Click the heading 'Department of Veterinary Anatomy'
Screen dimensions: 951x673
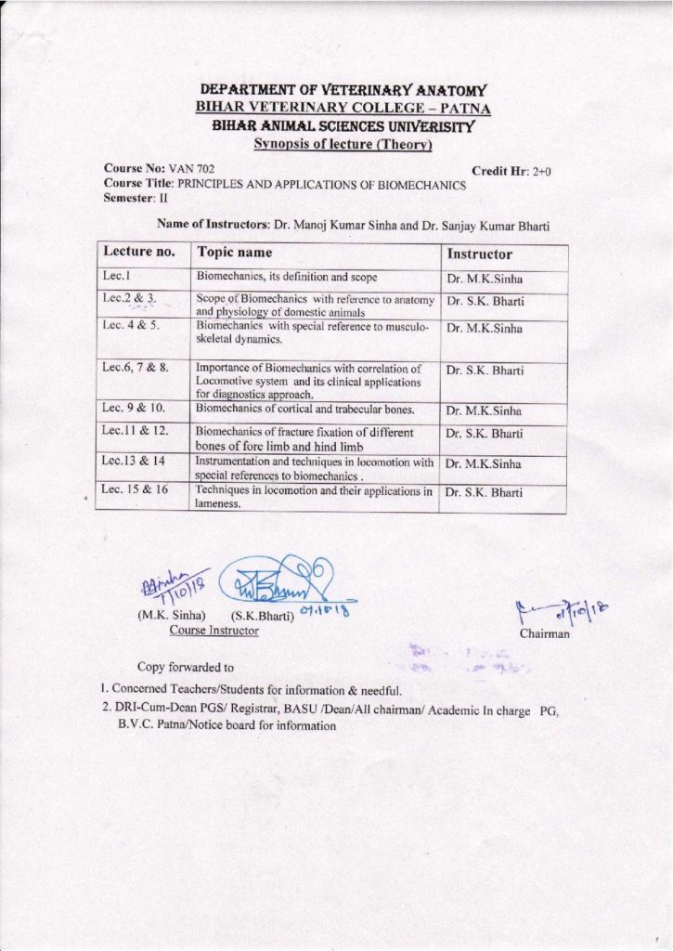point(344,90)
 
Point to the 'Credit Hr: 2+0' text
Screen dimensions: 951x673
point(512,172)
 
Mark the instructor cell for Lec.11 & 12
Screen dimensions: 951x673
point(484,434)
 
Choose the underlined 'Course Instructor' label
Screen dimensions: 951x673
point(214,631)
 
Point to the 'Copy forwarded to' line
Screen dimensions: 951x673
point(185,667)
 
